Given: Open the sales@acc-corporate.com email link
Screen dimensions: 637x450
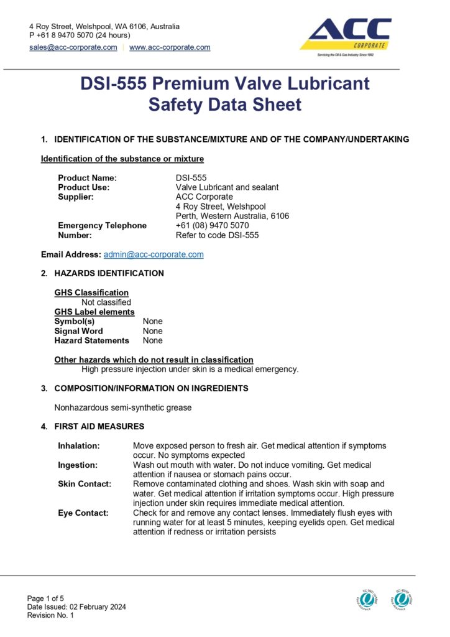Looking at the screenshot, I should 73,47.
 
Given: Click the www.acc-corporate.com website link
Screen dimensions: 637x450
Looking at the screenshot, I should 170,47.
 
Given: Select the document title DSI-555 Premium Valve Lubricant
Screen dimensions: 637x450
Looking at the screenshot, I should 224,83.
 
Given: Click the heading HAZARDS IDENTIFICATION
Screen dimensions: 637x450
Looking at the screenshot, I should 109,273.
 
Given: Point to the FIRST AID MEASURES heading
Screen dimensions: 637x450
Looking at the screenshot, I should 99,427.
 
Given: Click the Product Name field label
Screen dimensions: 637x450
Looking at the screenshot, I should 87,178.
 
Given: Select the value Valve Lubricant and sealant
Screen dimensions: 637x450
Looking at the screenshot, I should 227,187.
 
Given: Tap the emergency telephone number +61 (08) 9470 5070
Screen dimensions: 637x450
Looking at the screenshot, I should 212,225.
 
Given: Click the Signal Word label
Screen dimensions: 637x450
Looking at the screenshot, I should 79,331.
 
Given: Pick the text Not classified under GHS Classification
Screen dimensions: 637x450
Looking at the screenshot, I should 106,302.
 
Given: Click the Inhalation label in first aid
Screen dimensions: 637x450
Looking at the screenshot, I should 78,446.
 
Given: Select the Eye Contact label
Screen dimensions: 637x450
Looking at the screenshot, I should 83,513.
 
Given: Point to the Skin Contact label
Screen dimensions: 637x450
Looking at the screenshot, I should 85,484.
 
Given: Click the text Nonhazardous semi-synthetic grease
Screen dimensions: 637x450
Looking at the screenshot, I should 123,408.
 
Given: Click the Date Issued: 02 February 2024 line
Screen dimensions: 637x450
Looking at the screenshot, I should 76,607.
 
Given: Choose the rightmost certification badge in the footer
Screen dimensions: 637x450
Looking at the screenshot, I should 402,599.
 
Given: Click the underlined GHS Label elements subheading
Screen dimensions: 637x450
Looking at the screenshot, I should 94,312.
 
